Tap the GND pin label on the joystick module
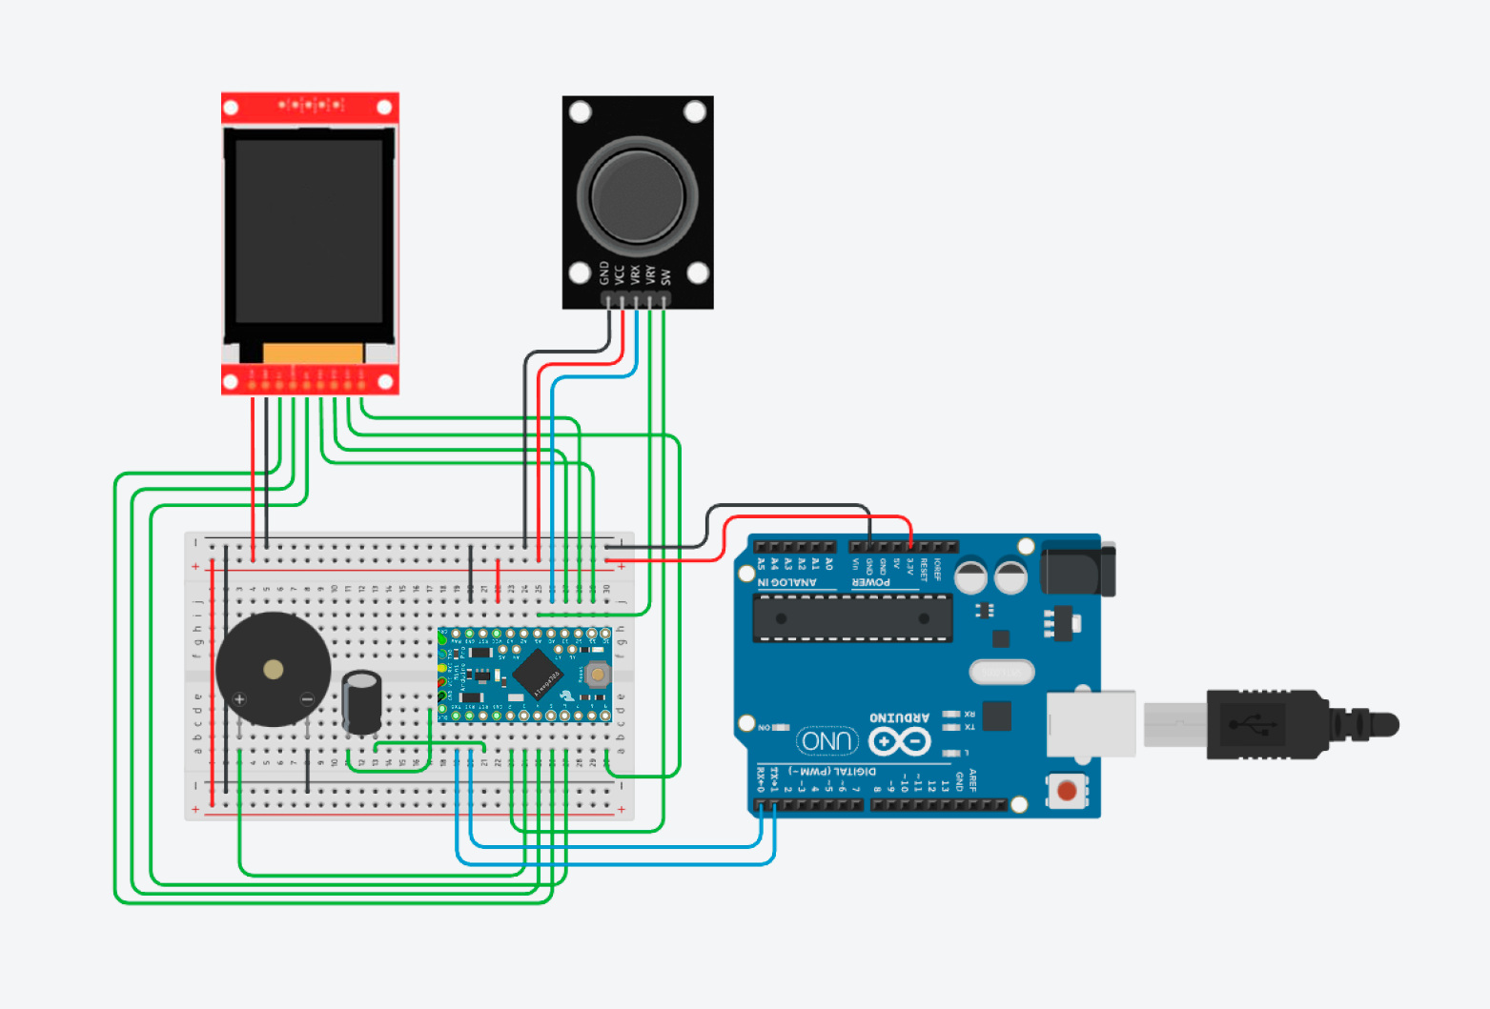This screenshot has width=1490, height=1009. click(604, 273)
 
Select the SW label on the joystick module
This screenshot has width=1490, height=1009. click(665, 276)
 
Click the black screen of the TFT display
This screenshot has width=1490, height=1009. click(309, 232)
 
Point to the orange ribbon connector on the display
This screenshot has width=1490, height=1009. click(313, 353)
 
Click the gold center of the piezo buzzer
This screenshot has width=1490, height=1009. click(274, 670)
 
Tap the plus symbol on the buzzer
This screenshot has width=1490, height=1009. click(239, 699)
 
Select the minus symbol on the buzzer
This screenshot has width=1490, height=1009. click(307, 699)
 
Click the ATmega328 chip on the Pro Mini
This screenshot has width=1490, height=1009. click(538, 674)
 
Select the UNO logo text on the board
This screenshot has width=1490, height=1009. click(827, 740)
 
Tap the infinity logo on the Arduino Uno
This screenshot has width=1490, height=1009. click(899, 741)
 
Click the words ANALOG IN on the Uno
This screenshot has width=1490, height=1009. click(787, 582)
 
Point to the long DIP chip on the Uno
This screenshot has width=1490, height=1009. click(852, 617)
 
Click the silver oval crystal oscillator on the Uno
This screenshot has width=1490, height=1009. click(1001, 673)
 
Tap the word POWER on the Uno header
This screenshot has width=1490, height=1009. click(871, 582)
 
